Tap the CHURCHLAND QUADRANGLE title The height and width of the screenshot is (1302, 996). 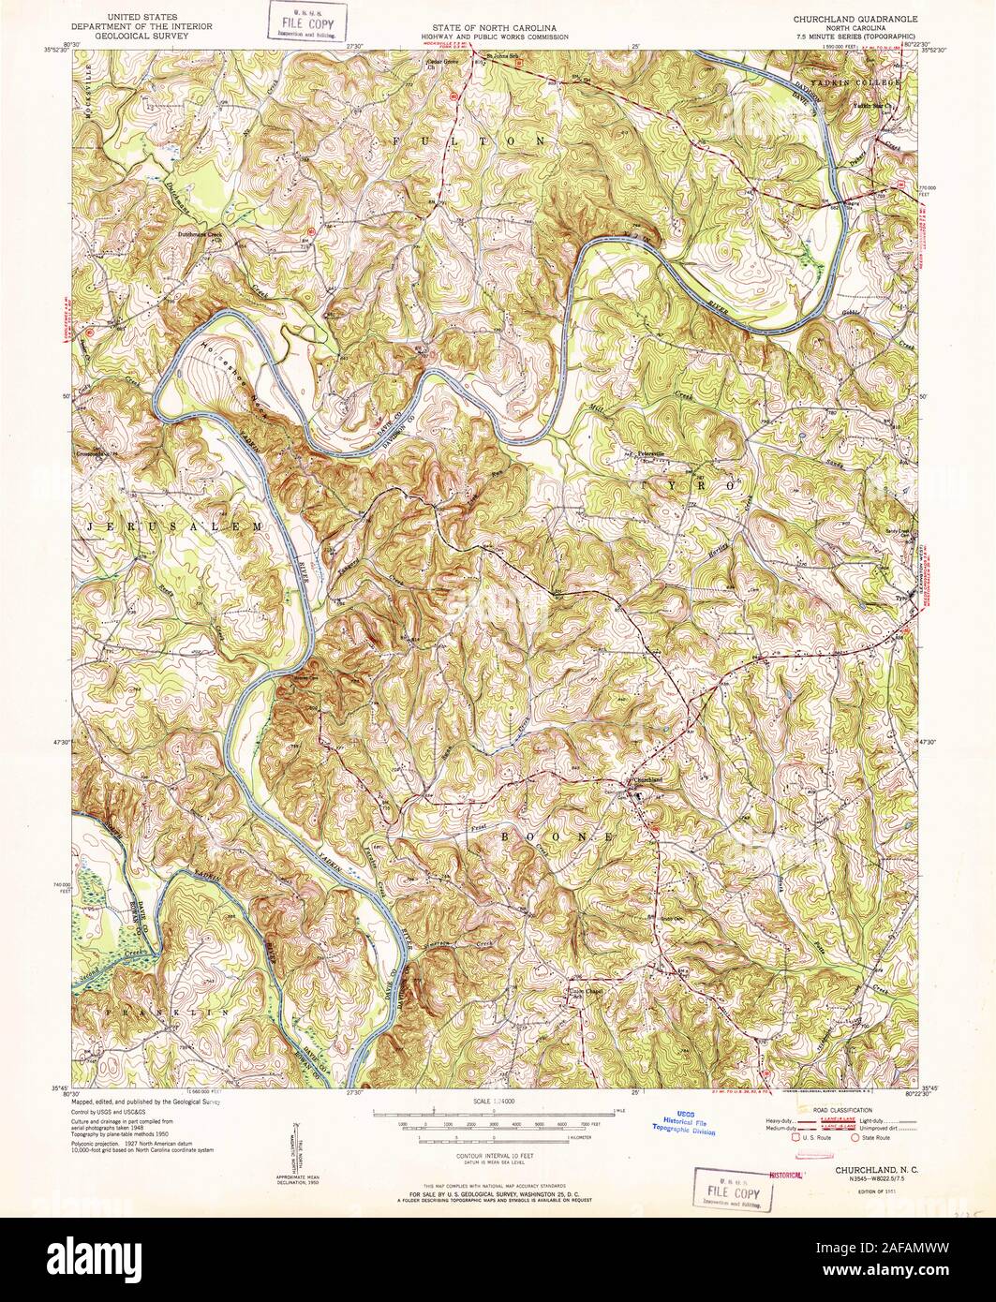[855, 18]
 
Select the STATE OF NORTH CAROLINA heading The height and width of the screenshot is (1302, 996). [498, 18]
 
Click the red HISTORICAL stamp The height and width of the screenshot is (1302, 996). [787, 1173]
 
